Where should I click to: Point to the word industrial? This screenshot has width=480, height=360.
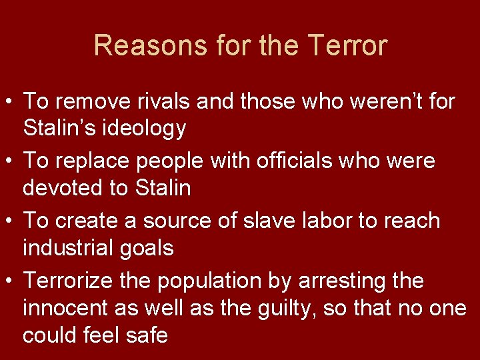click(67, 248)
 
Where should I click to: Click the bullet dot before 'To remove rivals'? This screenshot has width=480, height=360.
click(9, 103)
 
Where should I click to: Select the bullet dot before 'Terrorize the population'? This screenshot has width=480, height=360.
click(9, 281)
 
